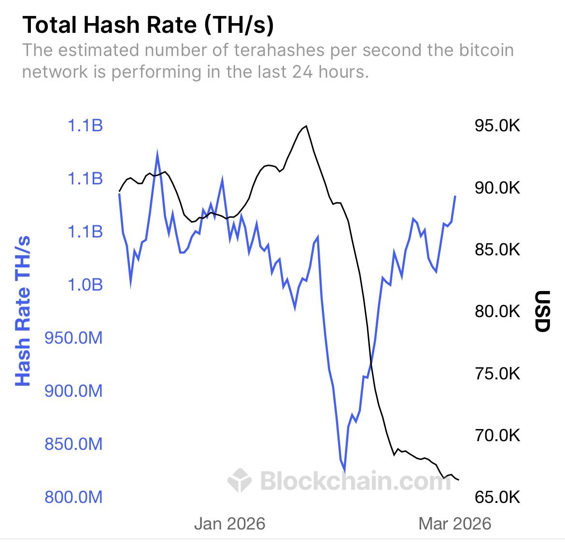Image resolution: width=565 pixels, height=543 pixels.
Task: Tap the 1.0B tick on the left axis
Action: (85, 285)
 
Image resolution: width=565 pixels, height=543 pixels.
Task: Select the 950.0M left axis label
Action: (73, 338)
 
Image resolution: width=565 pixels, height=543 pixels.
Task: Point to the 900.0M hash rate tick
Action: (73, 390)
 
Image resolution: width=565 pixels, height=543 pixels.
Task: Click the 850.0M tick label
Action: (73, 444)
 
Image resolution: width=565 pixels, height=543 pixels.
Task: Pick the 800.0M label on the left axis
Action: (73, 497)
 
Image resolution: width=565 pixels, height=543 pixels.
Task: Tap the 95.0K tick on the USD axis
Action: (497, 126)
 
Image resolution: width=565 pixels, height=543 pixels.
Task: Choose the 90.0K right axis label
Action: (497, 188)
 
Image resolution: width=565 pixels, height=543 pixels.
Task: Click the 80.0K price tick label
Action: (497, 311)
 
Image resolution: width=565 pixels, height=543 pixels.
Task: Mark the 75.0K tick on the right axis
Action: (497, 374)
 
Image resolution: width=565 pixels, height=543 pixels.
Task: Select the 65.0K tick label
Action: (497, 497)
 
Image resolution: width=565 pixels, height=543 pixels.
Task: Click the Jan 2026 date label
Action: (230, 524)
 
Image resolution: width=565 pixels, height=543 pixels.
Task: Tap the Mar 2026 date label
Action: (454, 524)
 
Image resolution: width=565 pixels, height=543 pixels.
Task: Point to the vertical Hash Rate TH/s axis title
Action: (23, 311)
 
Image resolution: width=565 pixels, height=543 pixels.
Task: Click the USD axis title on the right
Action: (543, 311)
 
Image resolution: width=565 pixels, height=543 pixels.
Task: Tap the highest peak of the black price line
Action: (306, 126)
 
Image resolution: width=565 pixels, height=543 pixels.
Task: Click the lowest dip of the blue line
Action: (344, 471)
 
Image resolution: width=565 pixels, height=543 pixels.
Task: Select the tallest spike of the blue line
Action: (157, 153)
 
